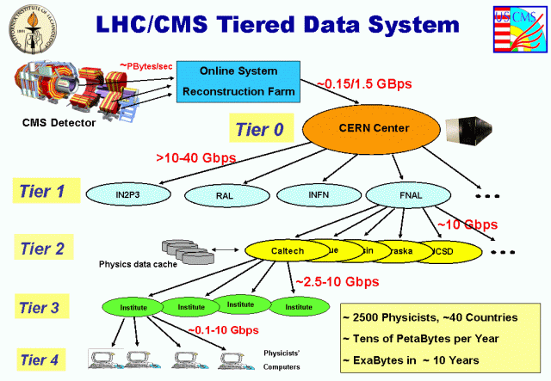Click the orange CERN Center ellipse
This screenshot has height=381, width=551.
373,129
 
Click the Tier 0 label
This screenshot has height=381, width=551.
264,130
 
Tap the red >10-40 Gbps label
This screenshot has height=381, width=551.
196,157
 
